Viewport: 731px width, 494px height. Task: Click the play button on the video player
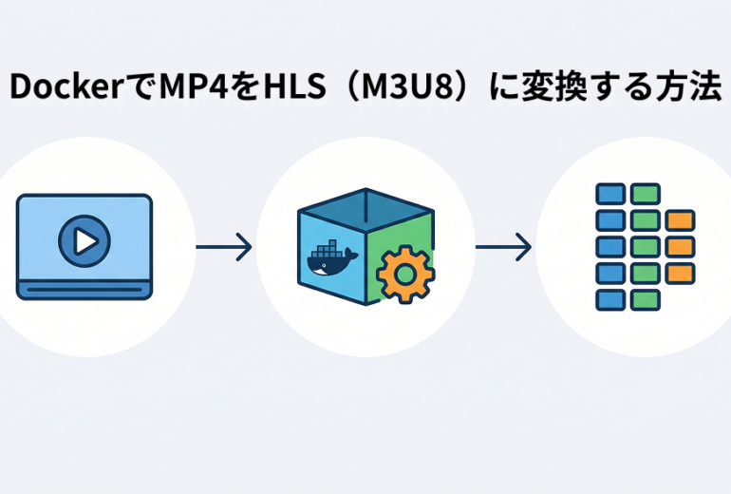(84, 241)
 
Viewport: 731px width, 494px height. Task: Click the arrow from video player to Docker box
(223, 248)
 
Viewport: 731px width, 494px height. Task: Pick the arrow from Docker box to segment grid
(503, 248)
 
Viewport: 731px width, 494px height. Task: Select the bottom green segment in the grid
(645, 299)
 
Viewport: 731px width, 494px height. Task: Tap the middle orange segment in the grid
(680, 247)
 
